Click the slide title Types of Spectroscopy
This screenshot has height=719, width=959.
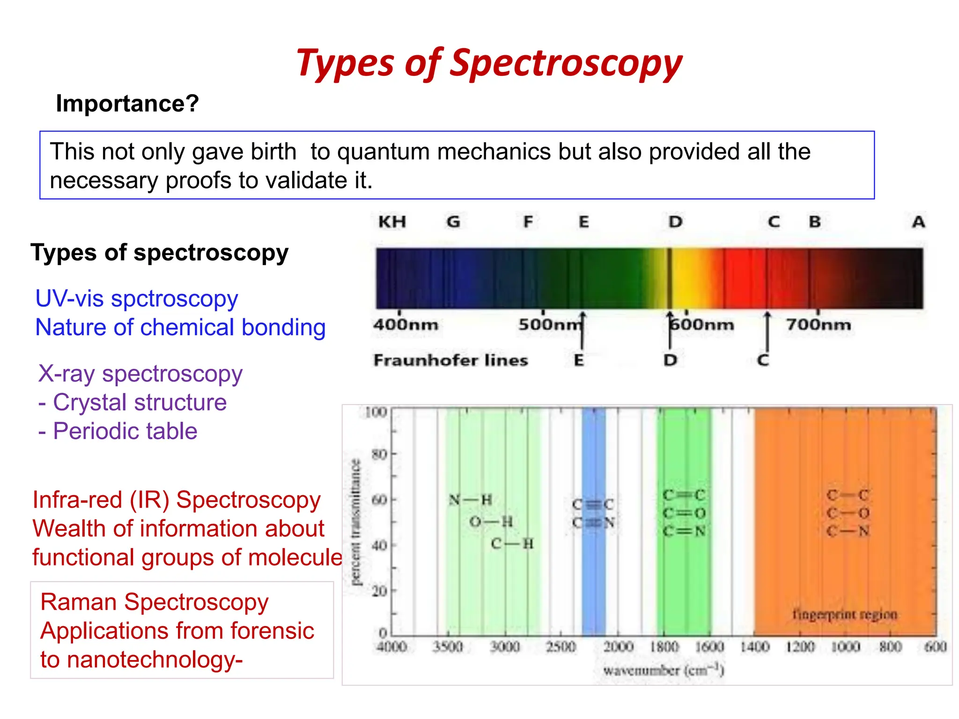coord(489,64)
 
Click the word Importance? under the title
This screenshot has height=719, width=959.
coord(127,103)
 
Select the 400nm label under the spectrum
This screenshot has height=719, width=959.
coord(406,324)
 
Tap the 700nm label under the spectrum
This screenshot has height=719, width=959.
coord(818,324)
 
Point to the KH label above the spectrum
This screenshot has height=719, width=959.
coord(392,221)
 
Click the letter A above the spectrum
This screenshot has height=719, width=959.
coord(918,221)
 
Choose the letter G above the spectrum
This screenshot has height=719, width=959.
coord(453,221)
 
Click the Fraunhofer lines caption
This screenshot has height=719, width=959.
coord(450,360)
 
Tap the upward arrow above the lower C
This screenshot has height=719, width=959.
coord(767,332)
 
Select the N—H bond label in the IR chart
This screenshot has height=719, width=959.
coord(470,500)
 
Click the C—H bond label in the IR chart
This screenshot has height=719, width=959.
coord(512,543)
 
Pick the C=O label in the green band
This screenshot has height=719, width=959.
coord(684,514)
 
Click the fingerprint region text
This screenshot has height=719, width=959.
coord(844,614)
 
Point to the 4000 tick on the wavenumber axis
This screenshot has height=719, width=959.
coord(392,647)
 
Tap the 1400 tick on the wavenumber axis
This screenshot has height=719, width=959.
coord(754,647)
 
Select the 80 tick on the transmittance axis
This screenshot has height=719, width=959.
coord(379,454)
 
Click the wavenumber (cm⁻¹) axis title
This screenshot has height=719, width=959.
coord(664,670)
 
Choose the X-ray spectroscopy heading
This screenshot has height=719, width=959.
coord(140,374)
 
